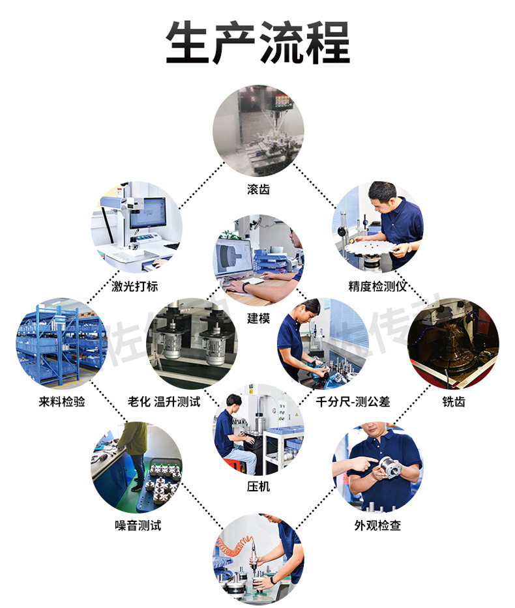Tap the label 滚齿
pos(258,190)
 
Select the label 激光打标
pos(136,286)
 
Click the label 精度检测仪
pos(377,286)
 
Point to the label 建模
pos(258,318)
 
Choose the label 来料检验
pos(62,401)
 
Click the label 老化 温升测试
pos(164,401)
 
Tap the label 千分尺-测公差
pos(352,401)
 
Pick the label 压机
pos(258,486)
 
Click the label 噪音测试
pos(138,525)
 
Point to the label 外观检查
pos(377,525)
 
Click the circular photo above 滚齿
pos(258,132)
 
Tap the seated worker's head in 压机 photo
pos(233,401)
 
